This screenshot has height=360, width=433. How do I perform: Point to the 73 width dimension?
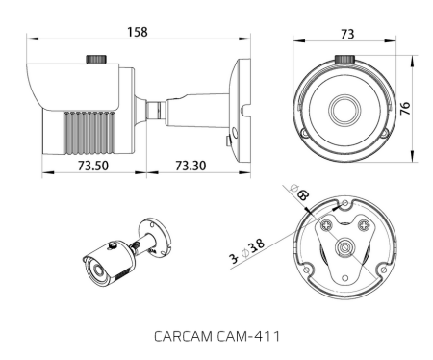coord(346,33)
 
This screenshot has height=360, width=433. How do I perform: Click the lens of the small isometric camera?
coord(94,274)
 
